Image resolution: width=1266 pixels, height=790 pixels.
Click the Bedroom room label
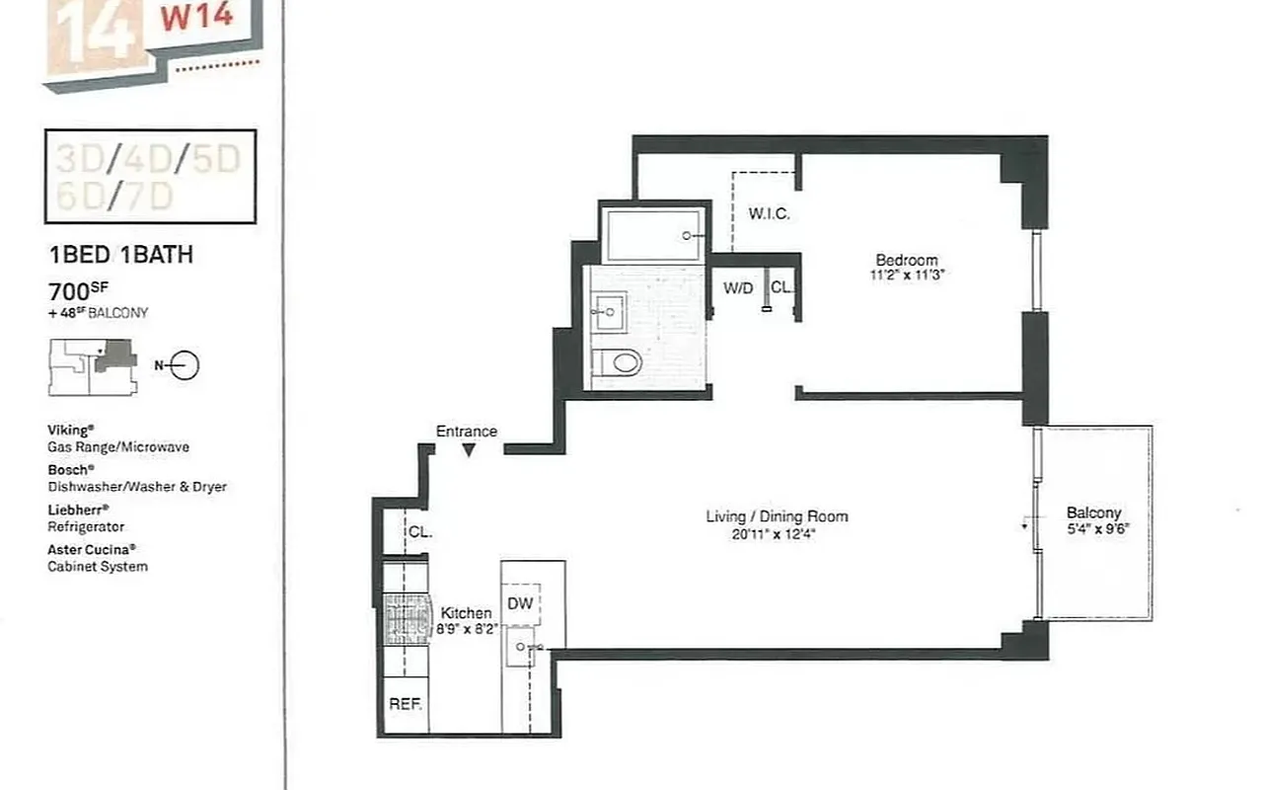click(x=907, y=261)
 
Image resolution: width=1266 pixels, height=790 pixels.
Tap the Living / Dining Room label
click(x=777, y=516)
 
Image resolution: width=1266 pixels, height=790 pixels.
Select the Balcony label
click(x=1093, y=513)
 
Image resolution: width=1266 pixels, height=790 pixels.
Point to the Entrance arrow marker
click(x=470, y=449)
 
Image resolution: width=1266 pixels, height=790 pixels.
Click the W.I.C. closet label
click(x=769, y=214)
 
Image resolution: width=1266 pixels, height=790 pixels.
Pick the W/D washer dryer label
click(x=738, y=288)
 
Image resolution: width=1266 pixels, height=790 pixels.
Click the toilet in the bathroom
click(x=622, y=361)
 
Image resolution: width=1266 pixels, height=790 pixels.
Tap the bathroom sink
click(x=608, y=312)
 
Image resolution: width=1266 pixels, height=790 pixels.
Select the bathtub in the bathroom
click(x=653, y=235)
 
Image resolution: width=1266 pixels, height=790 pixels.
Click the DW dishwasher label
click(x=520, y=602)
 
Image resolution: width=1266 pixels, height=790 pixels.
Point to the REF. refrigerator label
click(x=406, y=705)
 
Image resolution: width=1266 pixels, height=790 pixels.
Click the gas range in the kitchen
click(x=406, y=619)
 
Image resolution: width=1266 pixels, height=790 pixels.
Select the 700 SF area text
click(x=77, y=291)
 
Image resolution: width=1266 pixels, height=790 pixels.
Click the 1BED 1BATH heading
click(x=120, y=256)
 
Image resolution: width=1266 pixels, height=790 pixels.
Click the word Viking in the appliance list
click(x=69, y=431)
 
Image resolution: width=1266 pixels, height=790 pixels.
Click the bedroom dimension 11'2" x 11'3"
click(x=907, y=276)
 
